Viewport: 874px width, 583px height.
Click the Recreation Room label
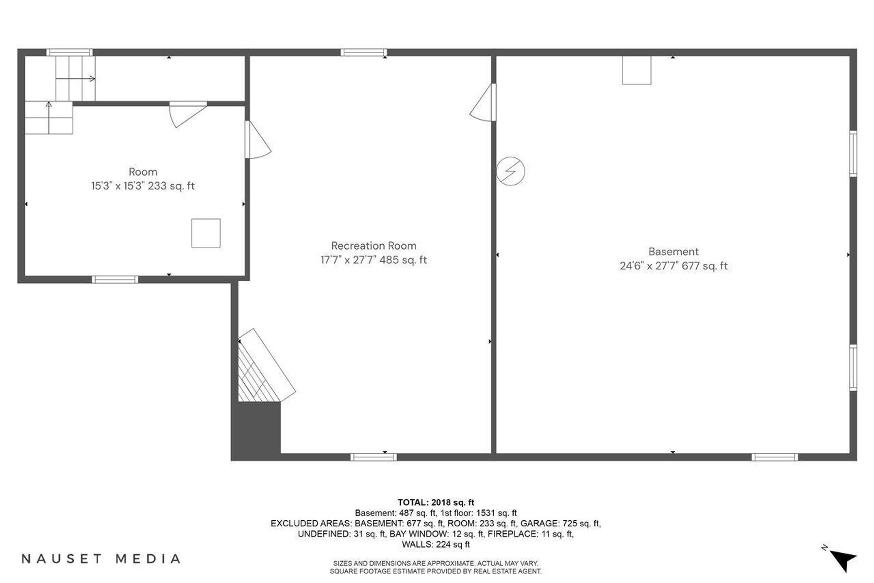coord(373,246)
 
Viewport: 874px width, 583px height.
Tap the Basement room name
coord(673,252)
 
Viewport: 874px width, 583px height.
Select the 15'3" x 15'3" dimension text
coord(118,186)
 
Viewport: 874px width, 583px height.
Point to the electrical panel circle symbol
coord(511,171)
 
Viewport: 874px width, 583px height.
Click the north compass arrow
coord(844,560)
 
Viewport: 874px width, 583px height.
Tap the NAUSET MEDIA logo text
coord(101,559)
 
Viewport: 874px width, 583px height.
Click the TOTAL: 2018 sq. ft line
coord(436,502)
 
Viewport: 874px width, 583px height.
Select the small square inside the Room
coord(206,233)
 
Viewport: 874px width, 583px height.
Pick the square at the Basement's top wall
coord(637,70)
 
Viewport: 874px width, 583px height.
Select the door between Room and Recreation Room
coord(257,140)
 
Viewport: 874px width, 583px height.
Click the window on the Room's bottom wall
coord(115,279)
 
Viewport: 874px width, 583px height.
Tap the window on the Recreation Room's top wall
coord(364,52)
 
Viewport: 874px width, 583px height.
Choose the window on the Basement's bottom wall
coord(774,457)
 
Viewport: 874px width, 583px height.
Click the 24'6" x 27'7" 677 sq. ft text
coord(673,266)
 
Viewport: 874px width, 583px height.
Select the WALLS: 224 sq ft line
coord(436,545)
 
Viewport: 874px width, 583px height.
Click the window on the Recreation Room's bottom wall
coord(373,457)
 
